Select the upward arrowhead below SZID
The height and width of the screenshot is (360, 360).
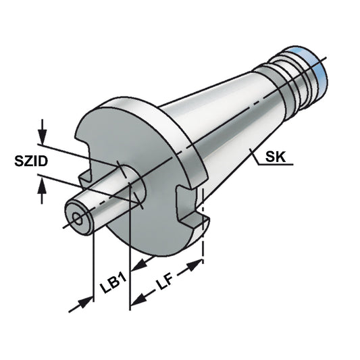[x=43, y=193]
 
